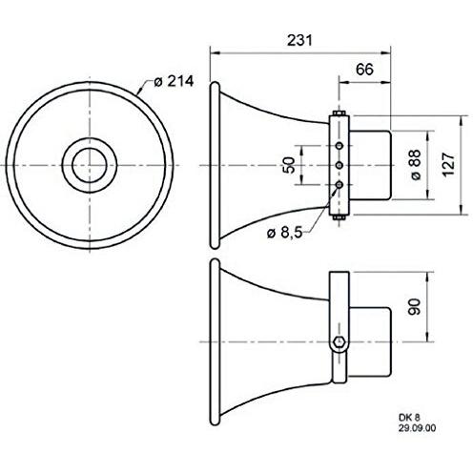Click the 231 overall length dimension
tap(298, 40)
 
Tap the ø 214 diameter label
tap(173, 82)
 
